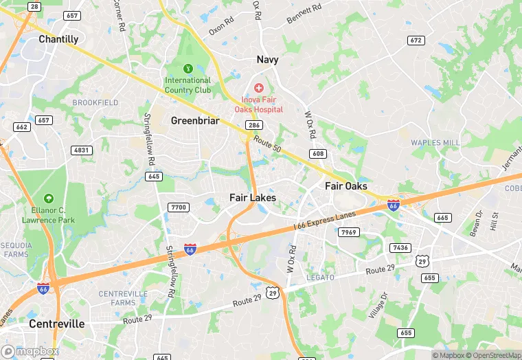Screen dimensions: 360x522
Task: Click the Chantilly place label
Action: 58,39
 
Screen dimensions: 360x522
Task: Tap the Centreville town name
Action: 57,324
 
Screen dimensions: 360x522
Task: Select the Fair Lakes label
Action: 253,198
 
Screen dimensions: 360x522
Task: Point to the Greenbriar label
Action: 195,121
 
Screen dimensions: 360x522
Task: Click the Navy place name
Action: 268,60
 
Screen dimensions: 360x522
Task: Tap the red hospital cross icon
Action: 259,88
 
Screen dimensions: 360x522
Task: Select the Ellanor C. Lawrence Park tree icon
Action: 47,199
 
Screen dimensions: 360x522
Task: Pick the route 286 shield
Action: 254,125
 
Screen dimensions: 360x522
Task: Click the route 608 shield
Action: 317,154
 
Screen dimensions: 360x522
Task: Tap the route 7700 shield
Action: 179,207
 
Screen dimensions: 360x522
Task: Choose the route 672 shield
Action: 415,41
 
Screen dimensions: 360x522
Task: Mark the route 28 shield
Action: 33,6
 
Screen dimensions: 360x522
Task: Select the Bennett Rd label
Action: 304,14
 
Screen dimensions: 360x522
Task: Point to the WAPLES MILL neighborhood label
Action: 435,142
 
